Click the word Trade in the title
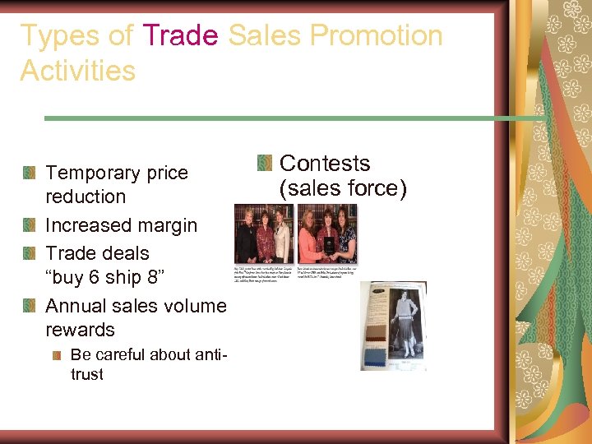[x=180, y=36]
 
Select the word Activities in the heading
[x=77, y=71]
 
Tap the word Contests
[x=325, y=164]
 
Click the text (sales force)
[x=343, y=189]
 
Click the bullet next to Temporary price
[x=30, y=173]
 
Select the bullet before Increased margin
[x=30, y=225]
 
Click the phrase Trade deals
[x=97, y=253]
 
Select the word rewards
[x=80, y=330]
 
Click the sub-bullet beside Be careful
[x=56, y=355]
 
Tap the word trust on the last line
[x=87, y=374]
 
